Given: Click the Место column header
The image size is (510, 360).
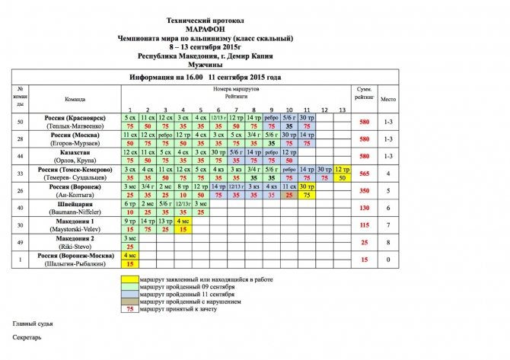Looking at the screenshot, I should pos(388,100).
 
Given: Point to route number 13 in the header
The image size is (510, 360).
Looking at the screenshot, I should pos(341,110).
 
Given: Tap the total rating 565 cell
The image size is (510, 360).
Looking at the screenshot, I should pos(364,174).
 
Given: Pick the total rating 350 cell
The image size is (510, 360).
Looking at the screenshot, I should pos(364,190).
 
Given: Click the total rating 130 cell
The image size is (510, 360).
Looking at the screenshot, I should pos(364,208).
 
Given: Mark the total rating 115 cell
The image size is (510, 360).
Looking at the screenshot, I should pos(364,225).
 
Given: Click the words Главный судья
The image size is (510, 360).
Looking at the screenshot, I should pos(30,324).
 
